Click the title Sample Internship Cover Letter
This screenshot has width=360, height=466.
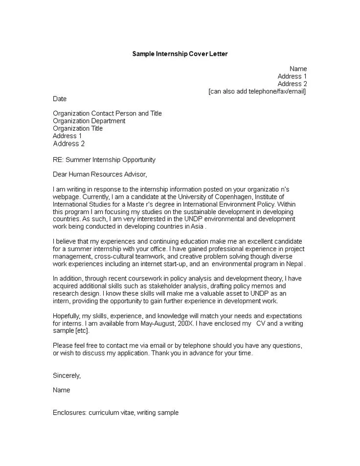tap(180, 54)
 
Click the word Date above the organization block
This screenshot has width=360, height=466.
tap(60, 99)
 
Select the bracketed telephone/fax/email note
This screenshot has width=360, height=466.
tap(257, 92)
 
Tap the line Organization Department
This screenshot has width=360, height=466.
tap(89, 121)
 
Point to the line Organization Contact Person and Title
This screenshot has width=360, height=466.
tap(107, 114)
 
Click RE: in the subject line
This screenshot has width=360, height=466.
tap(58, 160)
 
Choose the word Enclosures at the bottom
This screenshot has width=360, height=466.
tap(69, 413)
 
